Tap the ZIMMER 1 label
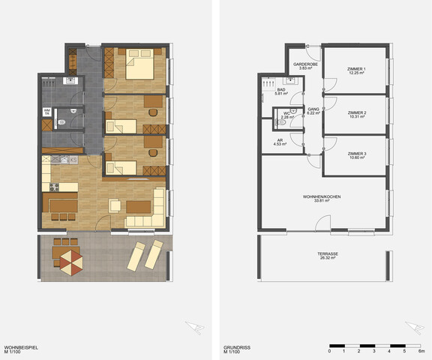click(x=357, y=70)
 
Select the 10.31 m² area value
click(x=357, y=116)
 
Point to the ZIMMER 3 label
click(x=357, y=153)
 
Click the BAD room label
click(x=282, y=89)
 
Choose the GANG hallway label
click(x=313, y=109)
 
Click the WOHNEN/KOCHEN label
click(x=322, y=196)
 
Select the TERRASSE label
click(x=328, y=254)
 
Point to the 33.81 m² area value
click(x=322, y=201)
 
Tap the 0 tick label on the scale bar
click(x=329, y=351)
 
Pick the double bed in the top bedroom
click(x=139, y=65)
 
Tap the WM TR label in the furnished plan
click(x=47, y=112)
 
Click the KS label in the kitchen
click(x=73, y=159)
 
